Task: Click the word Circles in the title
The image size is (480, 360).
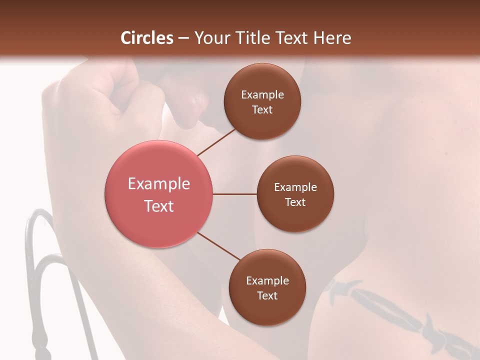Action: pos(147,38)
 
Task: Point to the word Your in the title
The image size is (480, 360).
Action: pos(210,38)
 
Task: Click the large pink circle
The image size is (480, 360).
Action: pos(159,194)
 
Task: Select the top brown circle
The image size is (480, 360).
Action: pos(262,101)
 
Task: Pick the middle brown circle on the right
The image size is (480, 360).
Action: pos(295,194)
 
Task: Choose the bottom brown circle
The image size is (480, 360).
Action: pos(267,287)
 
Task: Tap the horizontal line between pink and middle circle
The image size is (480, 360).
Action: pos(235,194)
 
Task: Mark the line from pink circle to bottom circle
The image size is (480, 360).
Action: pos(218,246)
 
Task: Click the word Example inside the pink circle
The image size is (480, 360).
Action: pos(159,184)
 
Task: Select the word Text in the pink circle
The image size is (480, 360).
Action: pos(159,206)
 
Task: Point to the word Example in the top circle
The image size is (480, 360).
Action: pos(262,95)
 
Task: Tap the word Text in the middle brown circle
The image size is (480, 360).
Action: pos(295,202)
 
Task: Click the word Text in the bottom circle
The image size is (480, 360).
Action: pos(267,295)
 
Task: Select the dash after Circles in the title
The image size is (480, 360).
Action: pos(183,38)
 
